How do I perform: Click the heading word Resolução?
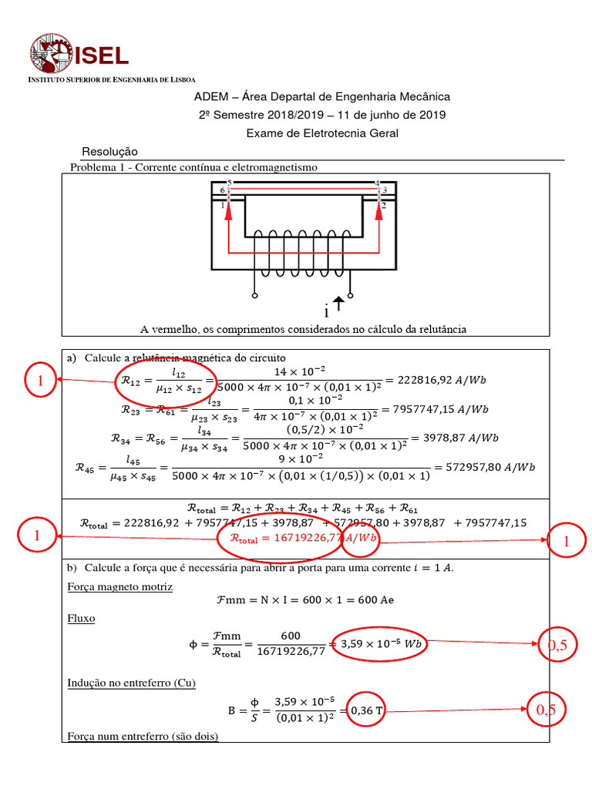[x=109, y=152]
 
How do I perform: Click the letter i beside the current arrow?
[x=327, y=312]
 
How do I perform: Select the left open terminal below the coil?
[x=255, y=295]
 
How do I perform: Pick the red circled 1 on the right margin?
[x=567, y=542]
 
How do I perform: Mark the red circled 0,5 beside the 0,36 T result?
[x=546, y=710]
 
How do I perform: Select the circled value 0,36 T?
[x=367, y=710]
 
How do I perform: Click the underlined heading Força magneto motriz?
[x=120, y=587]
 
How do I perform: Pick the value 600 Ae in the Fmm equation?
[x=375, y=600]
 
